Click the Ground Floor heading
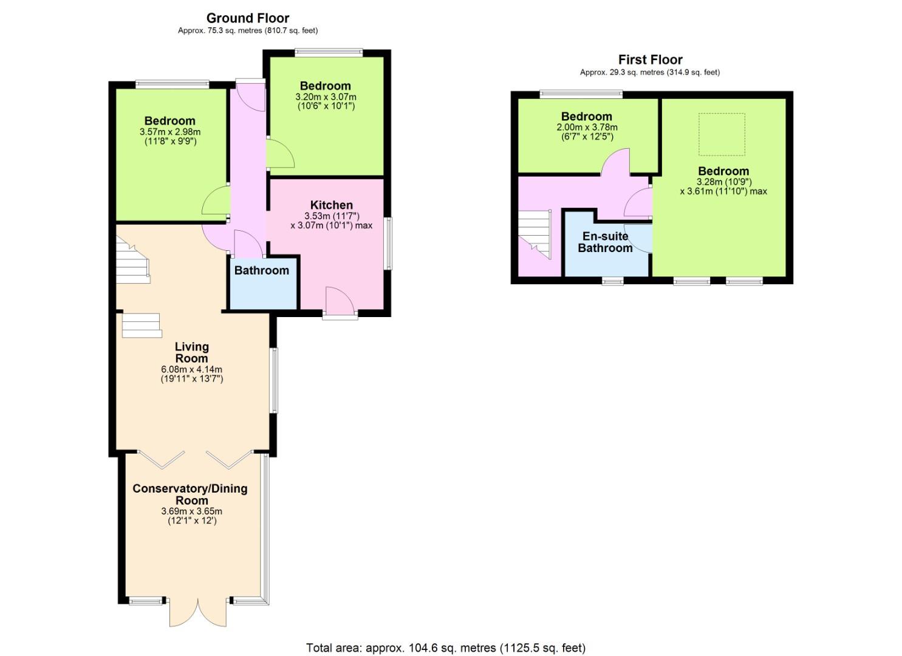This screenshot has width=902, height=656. (248, 18)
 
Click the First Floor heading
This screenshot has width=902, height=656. (651, 60)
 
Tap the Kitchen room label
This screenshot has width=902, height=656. (332, 205)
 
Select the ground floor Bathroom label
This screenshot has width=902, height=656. (262, 270)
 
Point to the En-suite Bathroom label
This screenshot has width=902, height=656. (605, 242)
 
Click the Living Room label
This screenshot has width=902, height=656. (192, 352)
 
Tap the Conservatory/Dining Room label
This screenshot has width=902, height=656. (190, 494)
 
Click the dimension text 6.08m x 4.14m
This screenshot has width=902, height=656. (192, 369)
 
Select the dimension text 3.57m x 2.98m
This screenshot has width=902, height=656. (170, 132)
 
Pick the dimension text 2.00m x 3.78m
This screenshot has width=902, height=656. (587, 128)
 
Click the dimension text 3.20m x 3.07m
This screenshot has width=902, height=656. (326, 97)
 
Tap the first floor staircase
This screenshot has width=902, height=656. (535, 234)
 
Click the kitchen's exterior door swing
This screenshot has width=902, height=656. (340, 300)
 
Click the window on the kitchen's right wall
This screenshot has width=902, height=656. (389, 244)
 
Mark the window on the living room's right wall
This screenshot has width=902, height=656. (274, 380)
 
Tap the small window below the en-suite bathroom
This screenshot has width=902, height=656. (612, 281)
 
